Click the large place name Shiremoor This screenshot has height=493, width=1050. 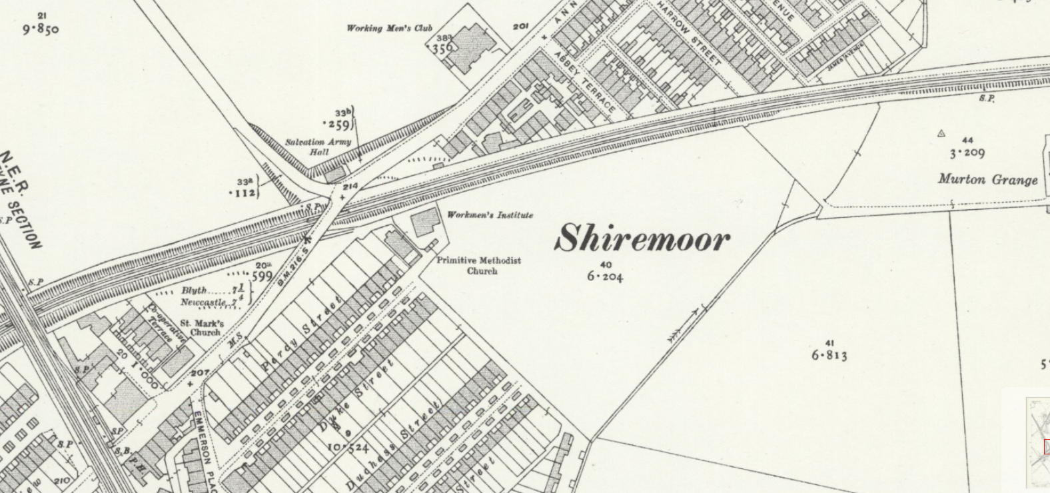coord(643,239)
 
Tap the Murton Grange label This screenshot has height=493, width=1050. coord(987,179)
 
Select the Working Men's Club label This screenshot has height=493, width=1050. coord(389,28)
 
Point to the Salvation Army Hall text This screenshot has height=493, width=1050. coord(318,147)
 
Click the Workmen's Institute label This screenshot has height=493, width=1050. coord(490,215)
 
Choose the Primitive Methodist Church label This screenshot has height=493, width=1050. coord(479,265)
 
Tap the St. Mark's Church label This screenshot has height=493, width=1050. coord(202,327)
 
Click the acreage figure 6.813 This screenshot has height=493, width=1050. coord(829,355)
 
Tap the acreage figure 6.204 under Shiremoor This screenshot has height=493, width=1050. coord(605,276)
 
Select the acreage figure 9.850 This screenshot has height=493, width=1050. coord(41,29)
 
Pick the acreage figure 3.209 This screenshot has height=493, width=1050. coord(967,153)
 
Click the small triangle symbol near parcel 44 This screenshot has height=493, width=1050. coord(941,133)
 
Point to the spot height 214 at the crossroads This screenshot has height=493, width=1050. coord(350,187)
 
